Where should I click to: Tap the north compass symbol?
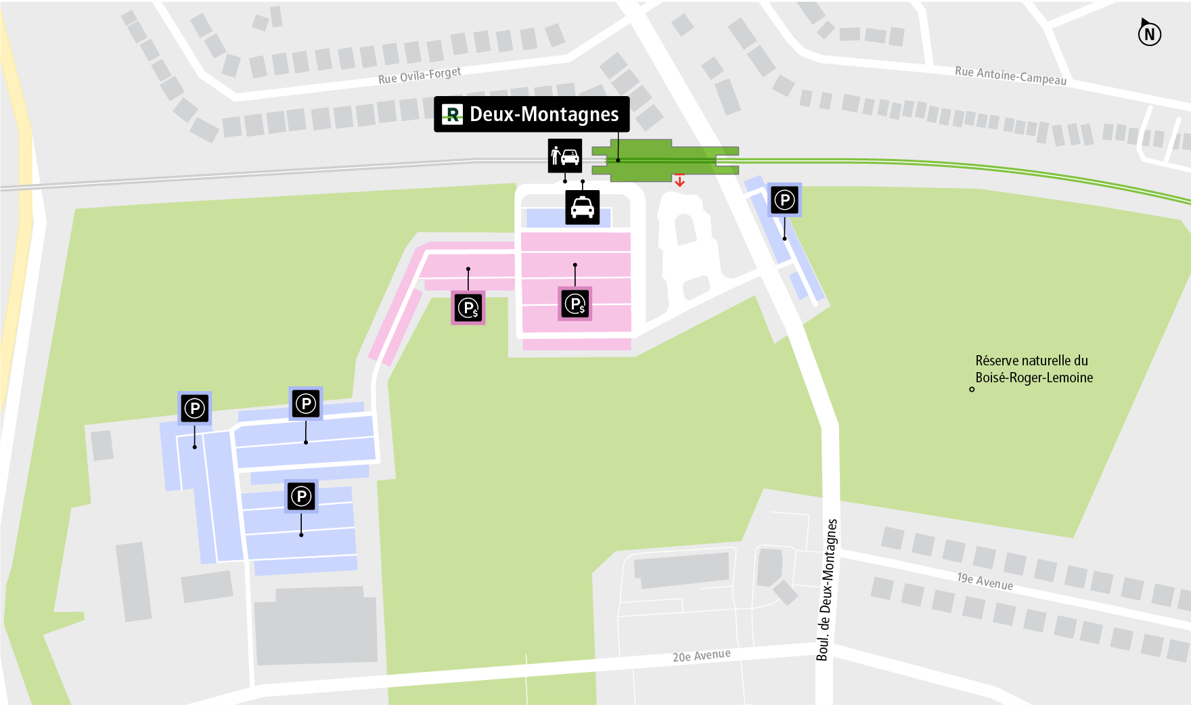(1149, 33)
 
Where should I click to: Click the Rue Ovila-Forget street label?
(420, 75)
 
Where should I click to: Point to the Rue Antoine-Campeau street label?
(1010, 75)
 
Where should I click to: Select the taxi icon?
(582, 207)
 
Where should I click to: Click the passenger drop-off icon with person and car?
(564, 156)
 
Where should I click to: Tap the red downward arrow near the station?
(679, 180)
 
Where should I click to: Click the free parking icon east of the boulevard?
(784, 200)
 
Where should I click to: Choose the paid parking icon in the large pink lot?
(575, 304)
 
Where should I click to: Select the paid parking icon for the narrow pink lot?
(468, 308)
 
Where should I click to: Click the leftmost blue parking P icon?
(195, 408)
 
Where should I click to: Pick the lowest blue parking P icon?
(301, 497)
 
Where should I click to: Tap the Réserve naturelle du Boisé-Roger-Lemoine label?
(1033, 369)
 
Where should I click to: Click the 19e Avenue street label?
(985, 581)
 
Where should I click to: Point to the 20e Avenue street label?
(701, 656)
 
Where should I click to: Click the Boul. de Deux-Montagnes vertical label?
(826, 589)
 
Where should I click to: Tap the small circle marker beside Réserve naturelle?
(972, 389)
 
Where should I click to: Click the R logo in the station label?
(452, 114)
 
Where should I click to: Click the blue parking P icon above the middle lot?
(306, 404)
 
